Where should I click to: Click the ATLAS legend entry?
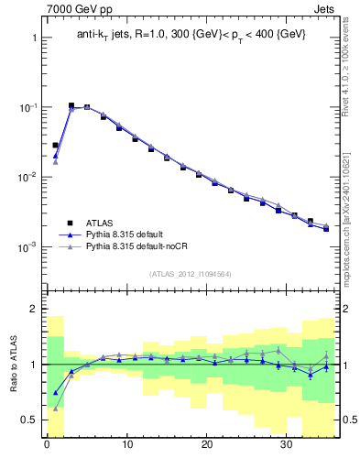click(x=102, y=222)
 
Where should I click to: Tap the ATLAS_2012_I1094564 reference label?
click(x=191, y=273)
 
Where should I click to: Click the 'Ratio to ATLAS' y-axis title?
click(x=12, y=364)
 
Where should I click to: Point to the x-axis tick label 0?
click(x=47, y=449)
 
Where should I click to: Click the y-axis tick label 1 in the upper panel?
click(x=33, y=38)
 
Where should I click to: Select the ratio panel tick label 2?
click(x=33, y=310)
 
